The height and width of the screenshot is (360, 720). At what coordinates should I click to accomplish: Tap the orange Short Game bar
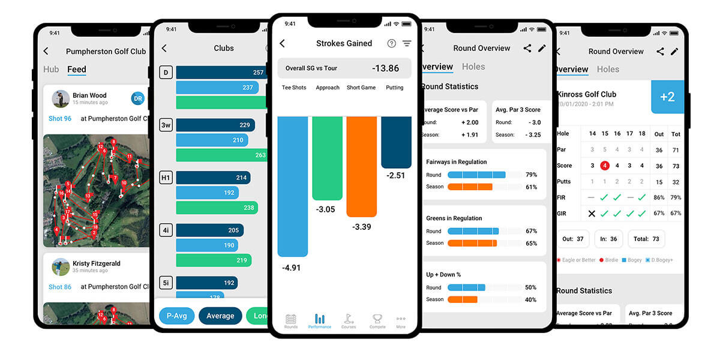click(361, 166)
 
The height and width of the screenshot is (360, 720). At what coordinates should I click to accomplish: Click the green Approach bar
click(327, 158)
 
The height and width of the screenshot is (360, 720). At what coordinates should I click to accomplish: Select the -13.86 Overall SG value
click(385, 68)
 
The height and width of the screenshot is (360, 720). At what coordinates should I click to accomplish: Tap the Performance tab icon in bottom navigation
click(320, 320)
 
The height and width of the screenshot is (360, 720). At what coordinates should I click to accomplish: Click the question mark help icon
click(391, 43)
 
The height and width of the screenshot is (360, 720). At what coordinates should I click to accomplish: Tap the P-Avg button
click(176, 316)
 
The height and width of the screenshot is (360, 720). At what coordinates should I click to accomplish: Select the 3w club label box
click(166, 125)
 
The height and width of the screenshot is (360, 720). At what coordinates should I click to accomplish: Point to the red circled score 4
click(605, 166)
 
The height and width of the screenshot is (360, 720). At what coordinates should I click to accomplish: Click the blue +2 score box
click(667, 97)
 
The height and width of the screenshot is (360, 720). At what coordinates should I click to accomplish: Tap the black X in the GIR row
click(592, 214)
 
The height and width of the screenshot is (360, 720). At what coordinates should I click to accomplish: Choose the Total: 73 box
click(646, 239)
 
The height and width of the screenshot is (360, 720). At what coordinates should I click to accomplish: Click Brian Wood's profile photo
click(61, 98)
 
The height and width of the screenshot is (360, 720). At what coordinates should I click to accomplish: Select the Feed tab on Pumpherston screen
click(77, 70)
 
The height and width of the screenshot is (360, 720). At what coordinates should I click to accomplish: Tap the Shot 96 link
click(60, 119)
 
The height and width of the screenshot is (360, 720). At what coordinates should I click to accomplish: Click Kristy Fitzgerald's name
click(96, 263)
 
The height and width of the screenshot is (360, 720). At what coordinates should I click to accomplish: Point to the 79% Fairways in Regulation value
click(531, 175)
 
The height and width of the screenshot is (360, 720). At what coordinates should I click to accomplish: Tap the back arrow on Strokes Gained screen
click(283, 43)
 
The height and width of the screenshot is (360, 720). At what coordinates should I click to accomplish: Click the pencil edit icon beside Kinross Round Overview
click(674, 52)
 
